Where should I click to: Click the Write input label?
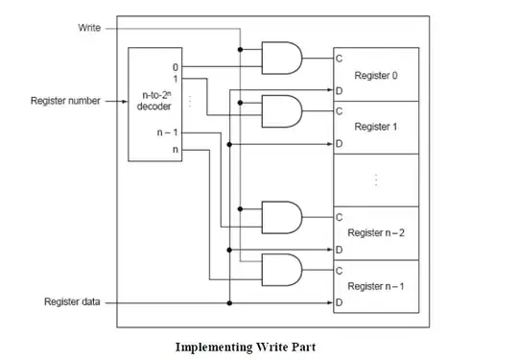(89, 28)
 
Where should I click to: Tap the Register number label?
(65, 101)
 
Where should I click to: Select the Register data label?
(72, 301)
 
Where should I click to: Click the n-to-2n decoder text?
(154, 101)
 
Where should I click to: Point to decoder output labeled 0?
(176, 67)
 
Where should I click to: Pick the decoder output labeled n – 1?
(168, 132)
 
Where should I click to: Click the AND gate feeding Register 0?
(282, 58)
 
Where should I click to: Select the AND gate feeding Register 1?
(282, 111)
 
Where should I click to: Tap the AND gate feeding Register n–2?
(282, 217)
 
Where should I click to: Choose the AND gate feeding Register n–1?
(282, 270)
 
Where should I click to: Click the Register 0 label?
(376, 76)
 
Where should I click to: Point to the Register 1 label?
(376, 127)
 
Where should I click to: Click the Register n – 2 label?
(376, 232)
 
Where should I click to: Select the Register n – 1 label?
(376, 286)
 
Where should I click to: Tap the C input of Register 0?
(339, 59)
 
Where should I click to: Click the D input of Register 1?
(339, 143)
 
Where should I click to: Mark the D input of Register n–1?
(339, 302)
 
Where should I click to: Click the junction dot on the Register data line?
(229, 302)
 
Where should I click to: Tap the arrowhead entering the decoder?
(125, 101)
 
